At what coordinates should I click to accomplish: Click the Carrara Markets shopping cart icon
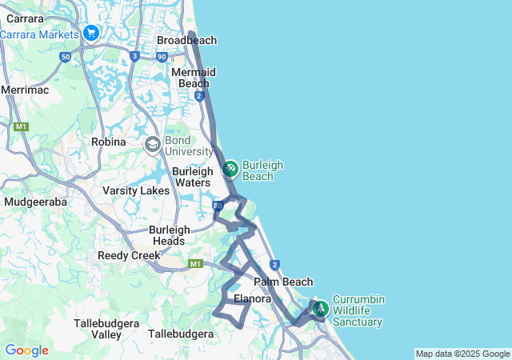coord(90,34)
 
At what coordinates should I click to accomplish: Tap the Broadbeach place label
coord(186,40)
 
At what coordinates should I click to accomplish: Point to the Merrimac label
coord(25,90)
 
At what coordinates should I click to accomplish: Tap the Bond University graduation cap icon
coord(152,145)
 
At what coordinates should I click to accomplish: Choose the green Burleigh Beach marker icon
coord(230,169)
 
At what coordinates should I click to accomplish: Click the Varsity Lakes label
coord(136,191)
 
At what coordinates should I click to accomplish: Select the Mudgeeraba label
coord(35,202)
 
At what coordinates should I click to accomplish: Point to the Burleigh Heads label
coord(170,234)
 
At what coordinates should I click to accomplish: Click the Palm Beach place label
coord(283,282)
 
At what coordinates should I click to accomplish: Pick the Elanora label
coord(253,299)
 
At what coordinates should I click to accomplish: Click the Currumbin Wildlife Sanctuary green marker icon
coord(320,308)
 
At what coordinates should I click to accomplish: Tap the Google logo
coord(26,350)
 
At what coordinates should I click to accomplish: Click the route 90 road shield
coord(162,56)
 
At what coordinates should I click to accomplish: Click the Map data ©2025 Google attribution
coord(462,354)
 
